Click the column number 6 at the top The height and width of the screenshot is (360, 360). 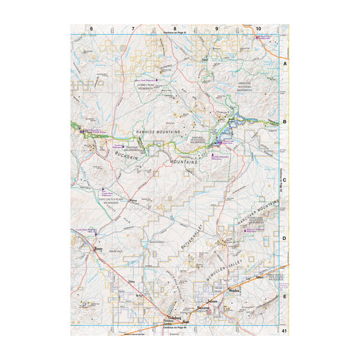[92, 29]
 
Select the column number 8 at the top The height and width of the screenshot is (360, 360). [175, 29]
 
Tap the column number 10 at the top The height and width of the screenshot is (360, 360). [258, 29]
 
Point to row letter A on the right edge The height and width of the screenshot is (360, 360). [286, 62]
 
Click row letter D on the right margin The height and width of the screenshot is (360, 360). [286, 238]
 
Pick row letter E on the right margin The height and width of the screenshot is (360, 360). [286, 296]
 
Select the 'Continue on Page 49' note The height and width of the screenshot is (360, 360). [175, 328]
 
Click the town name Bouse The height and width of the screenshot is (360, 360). [98, 247]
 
